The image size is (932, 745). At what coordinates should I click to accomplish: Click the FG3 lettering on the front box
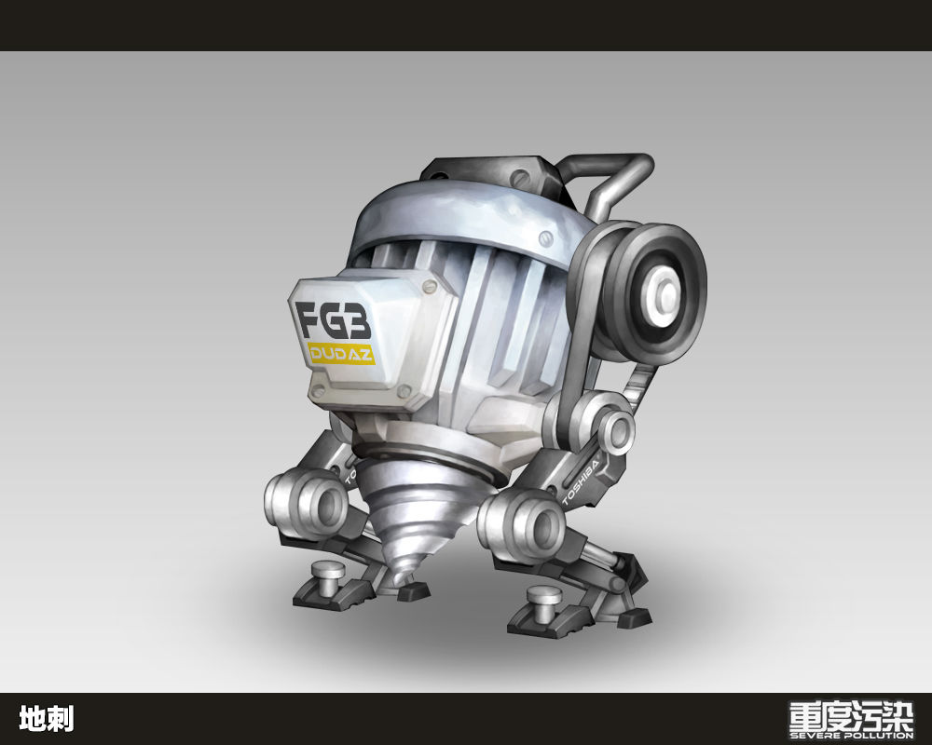[x=334, y=320]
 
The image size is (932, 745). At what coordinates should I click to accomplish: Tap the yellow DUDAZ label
[x=341, y=354]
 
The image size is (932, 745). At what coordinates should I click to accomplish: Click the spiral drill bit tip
[x=400, y=576]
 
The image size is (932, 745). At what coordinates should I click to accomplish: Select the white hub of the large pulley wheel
[x=662, y=294]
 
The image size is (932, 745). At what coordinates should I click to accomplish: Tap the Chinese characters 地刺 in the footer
[x=47, y=718]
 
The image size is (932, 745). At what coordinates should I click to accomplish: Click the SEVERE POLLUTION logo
[x=851, y=720]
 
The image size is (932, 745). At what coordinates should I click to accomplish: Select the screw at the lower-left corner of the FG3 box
[x=319, y=390]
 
